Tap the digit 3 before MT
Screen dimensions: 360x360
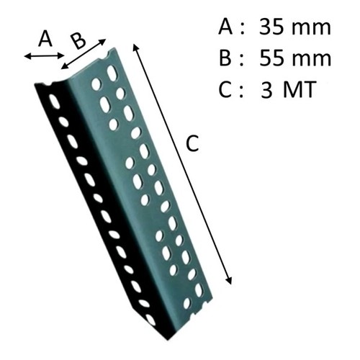(266, 89)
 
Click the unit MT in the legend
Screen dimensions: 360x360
(299, 89)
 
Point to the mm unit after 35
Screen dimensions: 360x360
(311, 30)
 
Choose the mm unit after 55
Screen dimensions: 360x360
(311, 60)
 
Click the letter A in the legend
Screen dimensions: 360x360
(225, 27)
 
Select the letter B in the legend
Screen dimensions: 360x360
(225, 58)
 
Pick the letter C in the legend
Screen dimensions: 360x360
(225, 89)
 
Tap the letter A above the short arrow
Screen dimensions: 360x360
(45, 39)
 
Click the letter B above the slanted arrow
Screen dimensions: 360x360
(78, 41)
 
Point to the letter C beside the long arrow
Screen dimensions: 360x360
(192, 143)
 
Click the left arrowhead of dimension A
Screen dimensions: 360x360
(27, 56)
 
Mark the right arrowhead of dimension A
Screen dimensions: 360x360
(61, 56)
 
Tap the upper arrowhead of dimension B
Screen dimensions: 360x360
(102, 41)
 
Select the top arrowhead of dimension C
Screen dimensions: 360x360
(135, 47)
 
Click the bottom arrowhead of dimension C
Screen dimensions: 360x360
(229, 281)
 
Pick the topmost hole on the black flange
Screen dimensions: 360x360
(55, 102)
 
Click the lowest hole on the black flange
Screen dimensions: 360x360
(150, 319)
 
